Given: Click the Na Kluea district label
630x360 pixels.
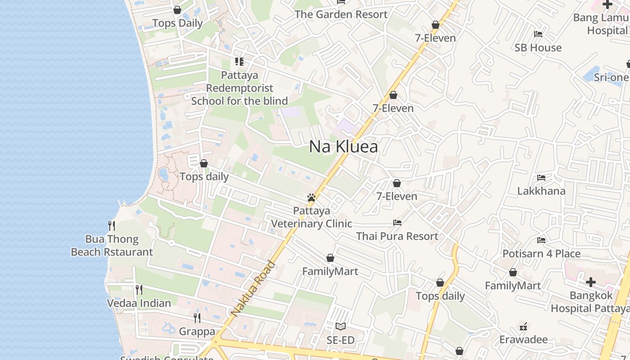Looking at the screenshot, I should click(343, 147).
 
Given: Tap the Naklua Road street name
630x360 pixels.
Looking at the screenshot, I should click(252, 288).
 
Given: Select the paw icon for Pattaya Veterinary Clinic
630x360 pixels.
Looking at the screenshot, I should click(311, 197).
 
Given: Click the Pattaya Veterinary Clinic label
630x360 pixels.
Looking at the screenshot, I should click(311, 217).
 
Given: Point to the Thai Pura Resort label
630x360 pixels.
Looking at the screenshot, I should click(397, 236).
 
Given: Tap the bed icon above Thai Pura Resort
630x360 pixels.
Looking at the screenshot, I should click(397, 222).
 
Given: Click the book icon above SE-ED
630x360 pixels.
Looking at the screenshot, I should click(341, 326).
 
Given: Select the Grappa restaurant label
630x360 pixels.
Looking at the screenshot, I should click(197, 332).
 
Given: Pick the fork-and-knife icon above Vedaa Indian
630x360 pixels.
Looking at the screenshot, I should click(139, 289).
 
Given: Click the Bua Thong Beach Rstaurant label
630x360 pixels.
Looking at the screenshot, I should click(112, 246).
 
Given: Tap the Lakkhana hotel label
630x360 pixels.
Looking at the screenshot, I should click(541, 191).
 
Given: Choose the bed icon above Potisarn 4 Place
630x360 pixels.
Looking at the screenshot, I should click(541, 240).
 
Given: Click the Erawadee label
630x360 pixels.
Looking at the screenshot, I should click(523, 339).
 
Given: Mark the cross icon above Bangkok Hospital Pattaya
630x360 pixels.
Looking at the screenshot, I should click(590, 282).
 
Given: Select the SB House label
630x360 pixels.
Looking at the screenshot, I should click(538, 48).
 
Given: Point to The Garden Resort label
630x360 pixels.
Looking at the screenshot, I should click(341, 14).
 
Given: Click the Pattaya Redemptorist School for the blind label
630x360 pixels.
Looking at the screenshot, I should click(239, 88).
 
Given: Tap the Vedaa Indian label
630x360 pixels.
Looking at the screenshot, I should click(139, 303).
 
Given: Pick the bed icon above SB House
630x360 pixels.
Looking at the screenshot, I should click(538, 34).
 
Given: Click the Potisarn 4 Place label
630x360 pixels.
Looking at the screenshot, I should click(541, 254).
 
